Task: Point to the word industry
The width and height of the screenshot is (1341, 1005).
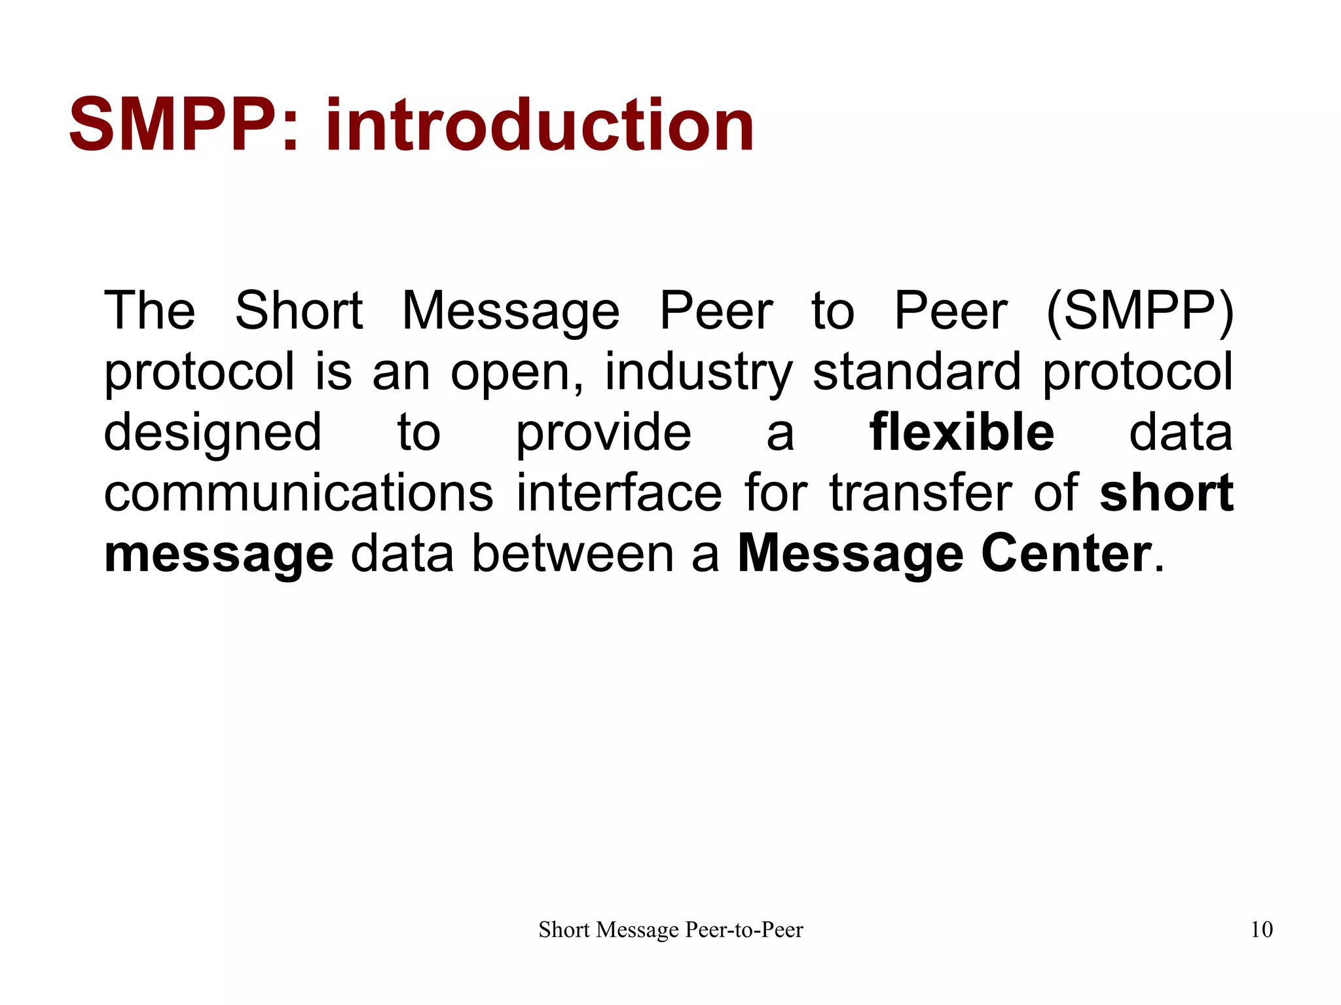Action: [x=698, y=372]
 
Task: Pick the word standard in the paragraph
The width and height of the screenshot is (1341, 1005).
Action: [x=917, y=372]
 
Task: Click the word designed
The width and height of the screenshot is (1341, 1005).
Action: [x=213, y=433]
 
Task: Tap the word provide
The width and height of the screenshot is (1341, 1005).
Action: [x=604, y=433]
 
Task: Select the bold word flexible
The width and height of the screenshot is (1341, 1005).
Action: [x=962, y=433]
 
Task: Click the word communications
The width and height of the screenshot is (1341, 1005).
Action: [x=299, y=493]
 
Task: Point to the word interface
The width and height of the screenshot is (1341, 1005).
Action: [x=619, y=493]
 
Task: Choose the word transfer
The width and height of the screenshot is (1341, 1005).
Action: [x=921, y=493]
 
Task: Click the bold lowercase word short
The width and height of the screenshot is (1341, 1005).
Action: [x=1166, y=493]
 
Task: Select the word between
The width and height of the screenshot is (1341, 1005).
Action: [x=573, y=553]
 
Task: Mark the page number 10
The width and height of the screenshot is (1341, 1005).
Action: [x=1262, y=930]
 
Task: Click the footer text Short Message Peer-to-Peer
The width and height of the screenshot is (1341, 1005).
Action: [x=670, y=930]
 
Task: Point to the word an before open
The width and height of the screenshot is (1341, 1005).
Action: [x=401, y=372]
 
